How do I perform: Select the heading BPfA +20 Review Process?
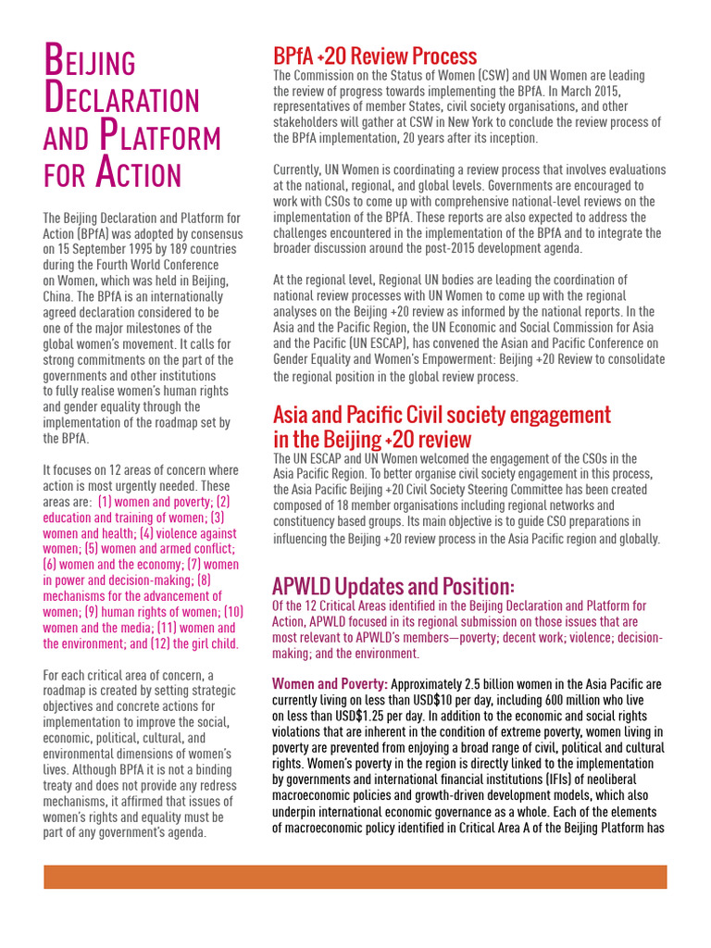(375, 56)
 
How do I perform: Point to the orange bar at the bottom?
(355, 877)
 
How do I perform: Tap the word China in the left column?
(58, 297)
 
